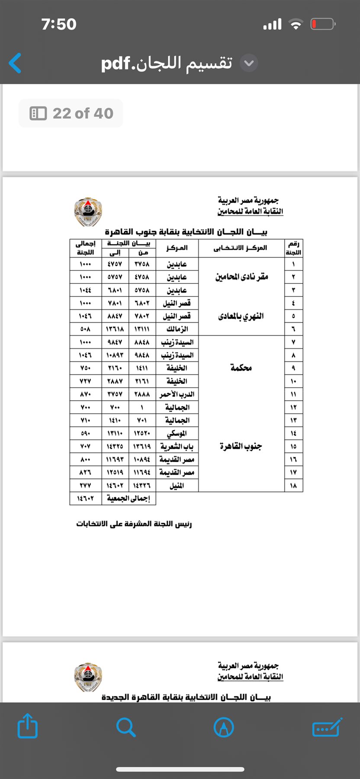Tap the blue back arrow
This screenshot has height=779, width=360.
click(15, 63)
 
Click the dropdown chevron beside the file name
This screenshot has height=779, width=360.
click(249, 63)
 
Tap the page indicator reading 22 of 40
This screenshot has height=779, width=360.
click(71, 113)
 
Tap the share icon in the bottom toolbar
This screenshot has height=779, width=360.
click(27, 725)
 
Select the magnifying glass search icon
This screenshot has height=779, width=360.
click(126, 727)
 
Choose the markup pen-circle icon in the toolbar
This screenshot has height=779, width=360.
click(224, 727)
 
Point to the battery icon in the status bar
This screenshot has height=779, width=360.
click(322, 24)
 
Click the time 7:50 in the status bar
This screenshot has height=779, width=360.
click(59, 24)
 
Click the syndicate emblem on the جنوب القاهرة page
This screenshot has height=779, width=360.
click(88, 212)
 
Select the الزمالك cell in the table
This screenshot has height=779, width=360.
click(177, 329)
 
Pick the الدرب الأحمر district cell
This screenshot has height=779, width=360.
click(177, 394)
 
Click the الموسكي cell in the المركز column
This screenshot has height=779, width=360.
click(177, 433)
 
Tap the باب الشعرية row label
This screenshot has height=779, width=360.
click(177, 446)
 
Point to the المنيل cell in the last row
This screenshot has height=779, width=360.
click(177, 486)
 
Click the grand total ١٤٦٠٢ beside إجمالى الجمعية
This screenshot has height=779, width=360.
click(85, 499)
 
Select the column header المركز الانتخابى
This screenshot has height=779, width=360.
click(240, 248)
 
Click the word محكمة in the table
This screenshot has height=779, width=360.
click(241, 368)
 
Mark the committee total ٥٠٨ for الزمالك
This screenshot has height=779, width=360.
click(85, 329)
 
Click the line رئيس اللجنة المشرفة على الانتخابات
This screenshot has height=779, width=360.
click(134, 524)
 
